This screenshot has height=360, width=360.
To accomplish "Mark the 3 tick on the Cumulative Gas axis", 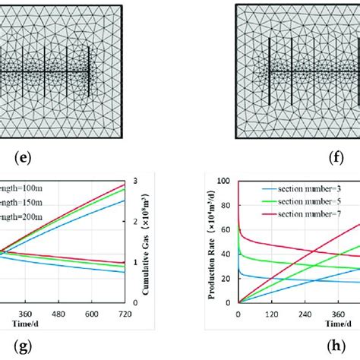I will tap(133, 181).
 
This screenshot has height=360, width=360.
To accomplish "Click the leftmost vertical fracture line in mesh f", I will tap(269, 73).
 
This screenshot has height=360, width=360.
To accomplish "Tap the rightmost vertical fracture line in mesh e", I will tap(89, 73).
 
